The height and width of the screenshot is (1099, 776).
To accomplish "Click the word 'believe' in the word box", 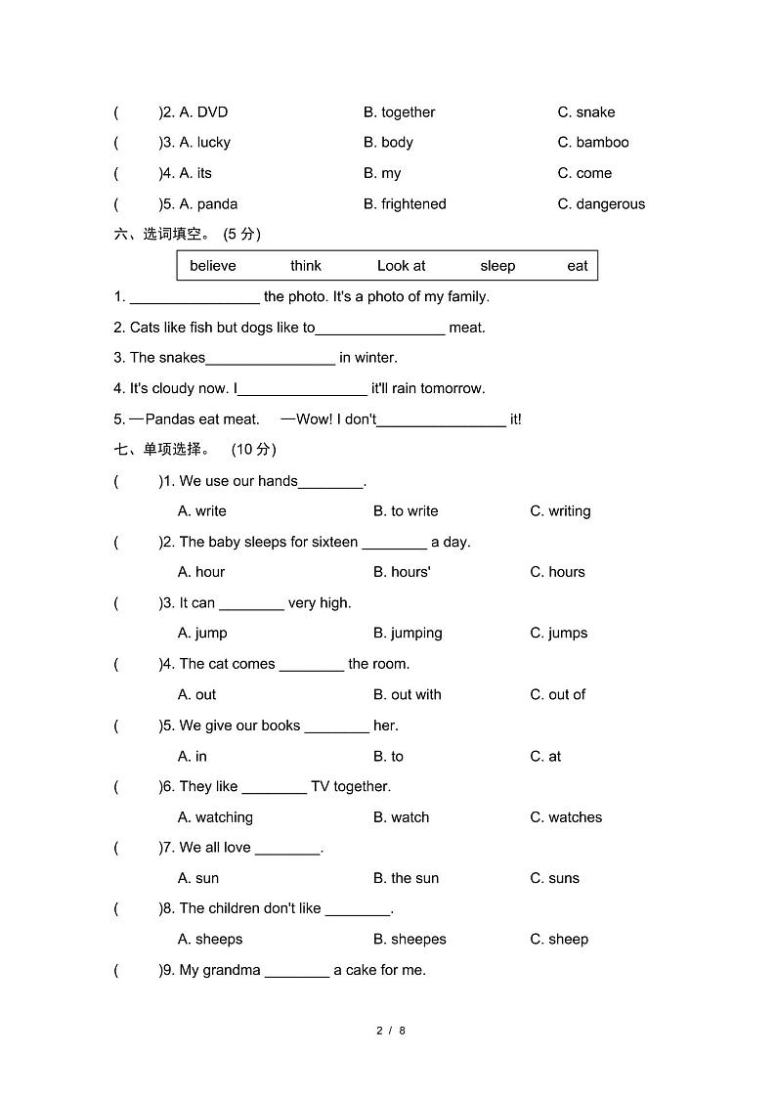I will pyautogui.click(x=212, y=266).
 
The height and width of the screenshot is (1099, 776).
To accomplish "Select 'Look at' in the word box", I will pyautogui.click(x=401, y=266).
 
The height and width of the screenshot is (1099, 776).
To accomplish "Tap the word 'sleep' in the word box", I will pyautogui.click(x=497, y=266).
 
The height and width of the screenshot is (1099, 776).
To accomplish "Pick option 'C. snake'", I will pyautogui.click(x=586, y=112).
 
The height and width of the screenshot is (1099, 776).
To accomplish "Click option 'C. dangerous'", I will pyautogui.click(x=601, y=204).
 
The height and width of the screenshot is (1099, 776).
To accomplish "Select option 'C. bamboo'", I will pyautogui.click(x=593, y=143).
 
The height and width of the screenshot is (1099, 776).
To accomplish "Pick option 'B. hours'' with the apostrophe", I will pyautogui.click(x=402, y=572).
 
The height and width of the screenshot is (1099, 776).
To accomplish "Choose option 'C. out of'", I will pyautogui.click(x=558, y=695).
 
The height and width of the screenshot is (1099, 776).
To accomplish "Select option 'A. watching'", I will pyautogui.click(x=215, y=817).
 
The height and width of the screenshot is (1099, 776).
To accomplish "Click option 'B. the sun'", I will pyautogui.click(x=406, y=878).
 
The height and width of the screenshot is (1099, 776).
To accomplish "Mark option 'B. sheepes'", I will pyautogui.click(x=410, y=940).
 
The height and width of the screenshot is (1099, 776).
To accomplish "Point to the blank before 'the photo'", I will pyautogui.click(x=194, y=298).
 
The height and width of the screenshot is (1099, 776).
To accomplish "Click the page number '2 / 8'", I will pyautogui.click(x=390, y=1031).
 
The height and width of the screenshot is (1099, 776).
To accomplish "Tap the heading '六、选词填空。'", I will pyautogui.click(x=161, y=235).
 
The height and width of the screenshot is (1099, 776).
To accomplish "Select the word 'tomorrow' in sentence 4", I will pyautogui.click(x=452, y=389).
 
